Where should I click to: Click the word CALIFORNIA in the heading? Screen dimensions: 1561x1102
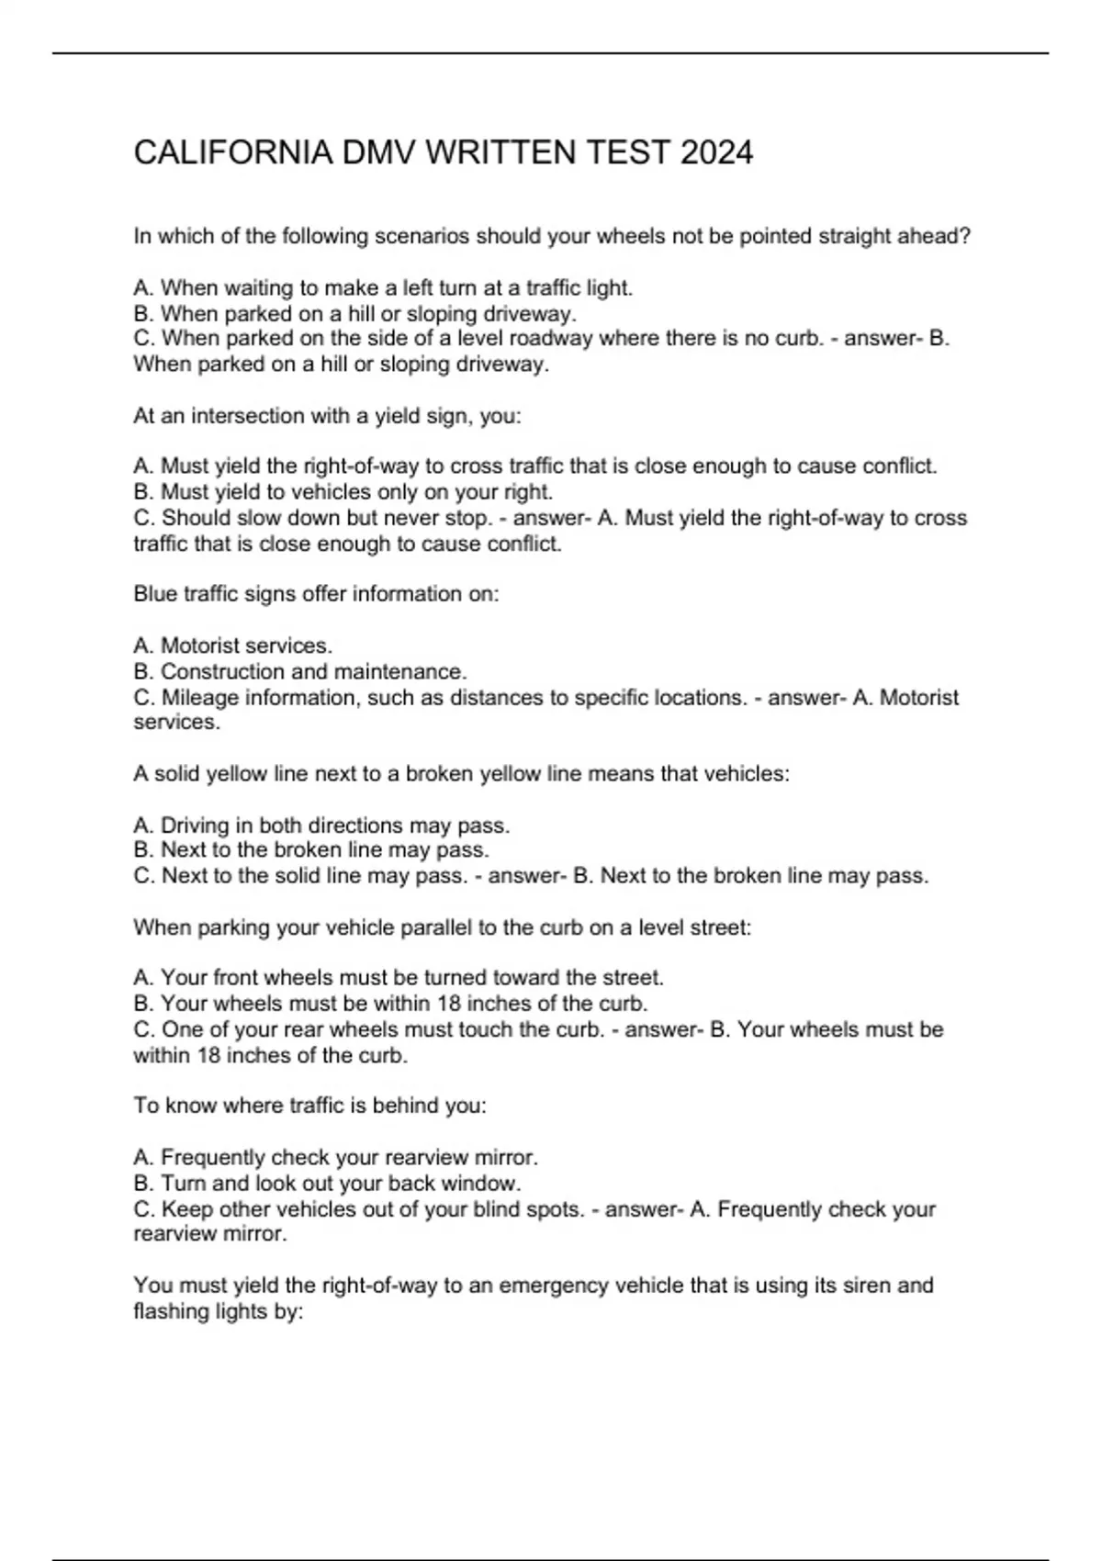pyautogui.click(x=233, y=152)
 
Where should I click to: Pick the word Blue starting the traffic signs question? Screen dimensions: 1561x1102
pyautogui.click(x=154, y=594)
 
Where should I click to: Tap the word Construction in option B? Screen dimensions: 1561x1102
pyautogui.click(x=224, y=671)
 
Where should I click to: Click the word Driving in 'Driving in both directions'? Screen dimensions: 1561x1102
pyautogui.click(x=195, y=825)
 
